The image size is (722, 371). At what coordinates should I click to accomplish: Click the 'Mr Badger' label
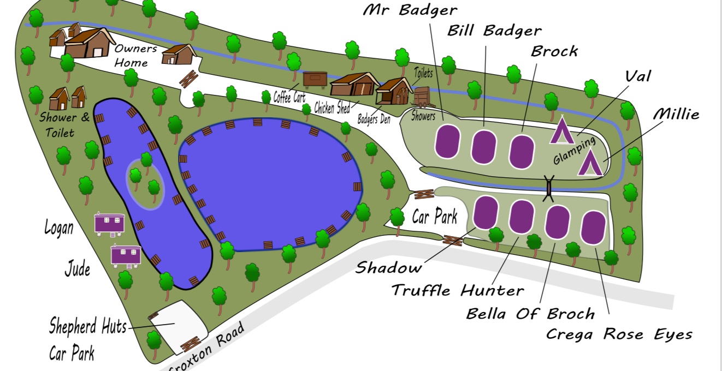click(x=410, y=10)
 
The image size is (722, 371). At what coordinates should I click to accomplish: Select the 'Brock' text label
click(x=554, y=51)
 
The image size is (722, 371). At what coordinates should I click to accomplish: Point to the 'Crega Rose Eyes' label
click(x=619, y=334)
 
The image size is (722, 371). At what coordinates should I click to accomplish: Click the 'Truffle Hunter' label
click(x=457, y=290)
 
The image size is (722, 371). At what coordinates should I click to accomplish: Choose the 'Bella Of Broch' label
click(x=530, y=314)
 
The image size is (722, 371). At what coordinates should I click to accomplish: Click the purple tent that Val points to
click(x=561, y=131)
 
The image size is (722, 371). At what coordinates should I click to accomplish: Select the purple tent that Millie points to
click(x=590, y=163)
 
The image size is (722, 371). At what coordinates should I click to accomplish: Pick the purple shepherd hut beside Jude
click(x=126, y=255)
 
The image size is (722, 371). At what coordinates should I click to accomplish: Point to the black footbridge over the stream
click(x=549, y=187)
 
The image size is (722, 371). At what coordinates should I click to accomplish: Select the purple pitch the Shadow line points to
click(x=485, y=212)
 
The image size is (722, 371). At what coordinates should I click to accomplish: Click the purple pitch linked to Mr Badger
click(x=448, y=141)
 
